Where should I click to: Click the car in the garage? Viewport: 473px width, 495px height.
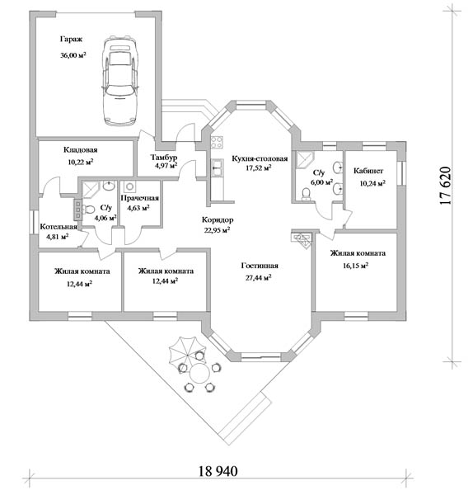point(120,81)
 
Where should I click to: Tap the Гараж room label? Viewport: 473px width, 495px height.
point(71,40)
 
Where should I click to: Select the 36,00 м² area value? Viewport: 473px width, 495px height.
point(73,55)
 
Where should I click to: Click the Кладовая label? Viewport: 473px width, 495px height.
point(81,149)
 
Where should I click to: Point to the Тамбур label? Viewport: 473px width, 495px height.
point(164,157)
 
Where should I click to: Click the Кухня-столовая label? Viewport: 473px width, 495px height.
point(260,158)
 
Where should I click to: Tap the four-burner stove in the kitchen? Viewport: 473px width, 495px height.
point(217,142)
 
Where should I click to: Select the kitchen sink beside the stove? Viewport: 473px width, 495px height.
point(218,167)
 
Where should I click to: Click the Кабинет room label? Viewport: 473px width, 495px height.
point(368,171)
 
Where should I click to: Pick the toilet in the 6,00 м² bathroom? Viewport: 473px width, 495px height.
point(306,194)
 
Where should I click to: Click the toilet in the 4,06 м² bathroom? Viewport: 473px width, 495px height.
point(89,209)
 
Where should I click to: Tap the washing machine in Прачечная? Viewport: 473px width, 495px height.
point(129,186)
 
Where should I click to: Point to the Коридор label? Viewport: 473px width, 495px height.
point(218,219)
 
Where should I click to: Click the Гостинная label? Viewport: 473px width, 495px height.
point(260,266)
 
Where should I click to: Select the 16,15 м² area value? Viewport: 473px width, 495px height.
point(356,266)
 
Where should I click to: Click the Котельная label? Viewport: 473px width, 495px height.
point(59,227)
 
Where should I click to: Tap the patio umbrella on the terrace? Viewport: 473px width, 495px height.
point(187,351)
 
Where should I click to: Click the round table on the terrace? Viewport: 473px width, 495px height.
point(199,373)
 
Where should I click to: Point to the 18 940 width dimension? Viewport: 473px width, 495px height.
point(218,471)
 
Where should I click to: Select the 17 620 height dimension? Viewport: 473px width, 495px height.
point(445,186)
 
